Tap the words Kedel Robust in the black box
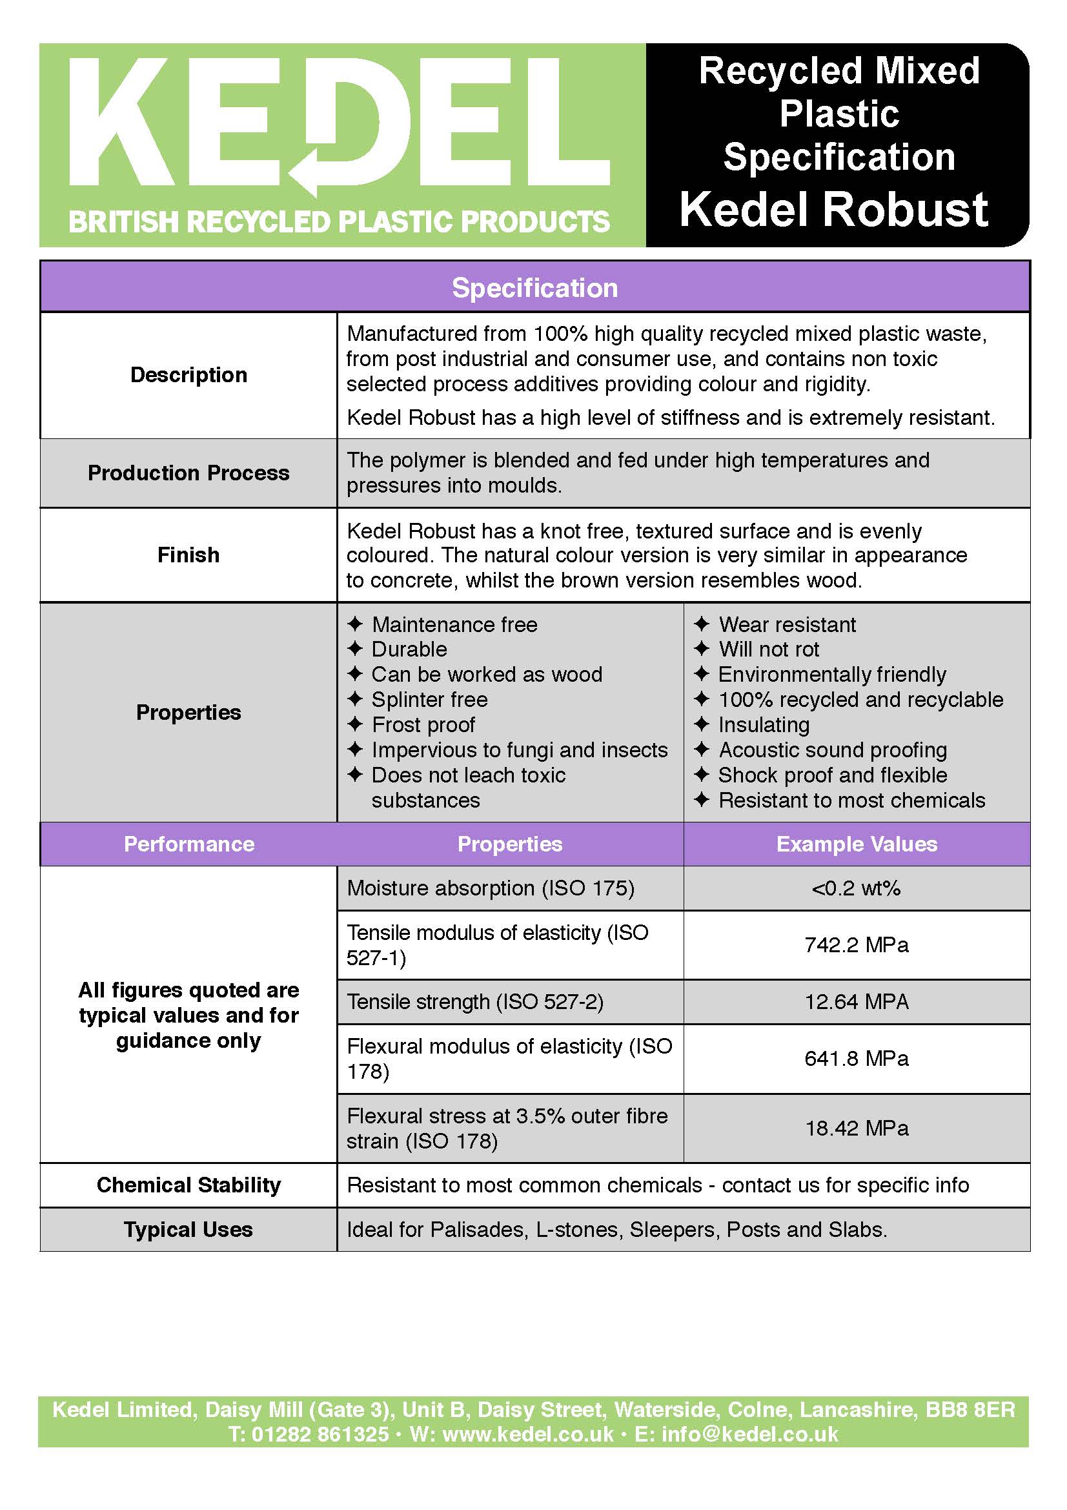(833, 210)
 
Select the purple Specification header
(534, 288)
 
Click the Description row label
(188, 375)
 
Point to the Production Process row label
(188, 473)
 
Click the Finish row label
(188, 555)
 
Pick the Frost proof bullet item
(423, 725)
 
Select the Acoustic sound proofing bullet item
(832, 750)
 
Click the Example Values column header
(857, 844)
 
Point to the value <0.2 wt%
(856, 888)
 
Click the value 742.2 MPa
(856, 945)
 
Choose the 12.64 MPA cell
(856, 1002)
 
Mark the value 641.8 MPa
(856, 1058)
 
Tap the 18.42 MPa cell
(856, 1128)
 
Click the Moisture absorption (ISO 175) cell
(491, 888)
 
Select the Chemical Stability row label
(188, 1185)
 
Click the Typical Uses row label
(188, 1229)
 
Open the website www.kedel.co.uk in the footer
(527, 1434)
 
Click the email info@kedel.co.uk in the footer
(749, 1434)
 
